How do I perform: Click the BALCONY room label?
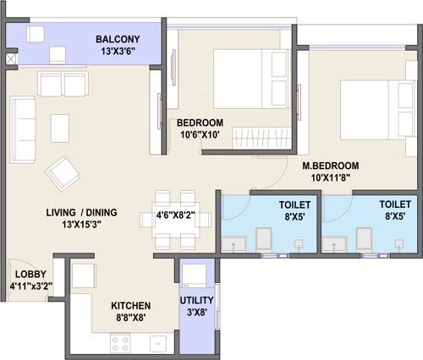[x=118, y=39]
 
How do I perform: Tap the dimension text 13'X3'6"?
[x=118, y=52]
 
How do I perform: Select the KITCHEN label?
[x=131, y=306]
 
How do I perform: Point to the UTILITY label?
[x=196, y=300]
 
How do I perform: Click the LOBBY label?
[x=30, y=274]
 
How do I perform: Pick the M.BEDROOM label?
[x=331, y=166]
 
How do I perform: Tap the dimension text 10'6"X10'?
[x=200, y=135]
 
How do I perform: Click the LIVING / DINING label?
[x=81, y=212]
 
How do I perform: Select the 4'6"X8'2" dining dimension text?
[x=175, y=216]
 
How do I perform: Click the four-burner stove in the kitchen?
[x=120, y=342]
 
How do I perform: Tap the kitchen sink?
[x=158, y=344]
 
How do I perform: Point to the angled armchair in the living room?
[x=63, y=174]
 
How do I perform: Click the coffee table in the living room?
[x=60, y=128]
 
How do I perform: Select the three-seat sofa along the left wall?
[x=23, y=129]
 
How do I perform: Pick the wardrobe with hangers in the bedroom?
[x=261, y=138]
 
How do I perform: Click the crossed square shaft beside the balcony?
[x=12, y=59]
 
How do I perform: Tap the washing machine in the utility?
[x=194, y=275]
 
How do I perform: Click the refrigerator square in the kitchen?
[x=83, y=275]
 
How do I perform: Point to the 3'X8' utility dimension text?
[x=197, y=313]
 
